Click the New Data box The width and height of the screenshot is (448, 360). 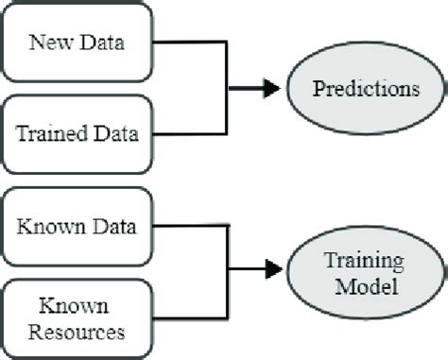[77, 43]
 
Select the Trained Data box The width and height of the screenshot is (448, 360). [77, 133]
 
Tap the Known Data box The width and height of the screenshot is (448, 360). [77, 227]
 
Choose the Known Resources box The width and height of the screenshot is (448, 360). [77, 319]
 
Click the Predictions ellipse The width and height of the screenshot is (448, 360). [366, 89]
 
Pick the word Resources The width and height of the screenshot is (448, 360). [77, 331]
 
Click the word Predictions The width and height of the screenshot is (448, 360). [366, 89]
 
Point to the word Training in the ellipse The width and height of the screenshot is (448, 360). [366, 261]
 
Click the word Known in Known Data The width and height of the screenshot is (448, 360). [51, 227]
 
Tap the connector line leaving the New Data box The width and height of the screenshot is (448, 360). [189, 43]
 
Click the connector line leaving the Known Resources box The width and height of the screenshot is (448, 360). [189, 319]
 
